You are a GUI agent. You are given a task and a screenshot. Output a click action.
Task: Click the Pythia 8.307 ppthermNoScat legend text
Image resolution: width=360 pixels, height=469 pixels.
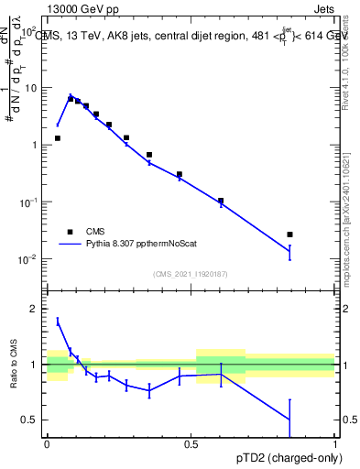(x=145, y=245)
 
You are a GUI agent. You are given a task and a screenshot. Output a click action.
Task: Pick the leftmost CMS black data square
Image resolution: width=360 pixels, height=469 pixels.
(x=58, y=138)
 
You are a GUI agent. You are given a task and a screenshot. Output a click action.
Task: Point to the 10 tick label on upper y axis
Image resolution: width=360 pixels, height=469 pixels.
(x=34, y=88)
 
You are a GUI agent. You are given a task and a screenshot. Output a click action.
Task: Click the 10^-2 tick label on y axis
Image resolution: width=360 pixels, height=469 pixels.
(x=30, y=259)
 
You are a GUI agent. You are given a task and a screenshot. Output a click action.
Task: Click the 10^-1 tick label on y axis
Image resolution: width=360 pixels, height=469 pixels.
(x=30, y=202)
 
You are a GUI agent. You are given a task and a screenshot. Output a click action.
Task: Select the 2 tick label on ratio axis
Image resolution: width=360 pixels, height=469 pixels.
(x=38, y=309)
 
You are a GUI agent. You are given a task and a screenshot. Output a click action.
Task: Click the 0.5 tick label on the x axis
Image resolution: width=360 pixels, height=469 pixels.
(x=191, y=445)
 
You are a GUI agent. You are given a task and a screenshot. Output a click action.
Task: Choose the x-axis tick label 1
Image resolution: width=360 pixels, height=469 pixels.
(x=334, y=445)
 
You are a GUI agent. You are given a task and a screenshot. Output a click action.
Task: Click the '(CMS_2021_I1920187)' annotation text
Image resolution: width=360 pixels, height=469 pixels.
(x=191, y=274)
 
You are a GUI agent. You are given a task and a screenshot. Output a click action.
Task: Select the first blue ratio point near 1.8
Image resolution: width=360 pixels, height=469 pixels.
(x=58, y=321)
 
